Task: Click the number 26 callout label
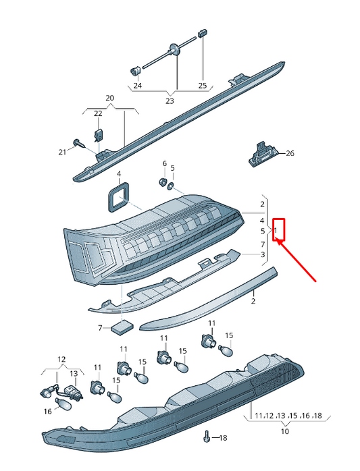pyautogui.click(x=290, y=153)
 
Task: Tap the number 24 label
pyautogui.click(x=137, y=86)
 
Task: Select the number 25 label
pyautogui.click(x=203, y=86)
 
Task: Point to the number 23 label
pyautogui.click(x=170, y=101)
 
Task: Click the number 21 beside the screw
pyautogui.click(x=62, y=153)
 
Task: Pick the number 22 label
pyautogui.click(x=98, y=113)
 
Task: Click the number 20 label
pyautogui.click(x=110, y=98)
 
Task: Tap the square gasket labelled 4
pyautogui.click(x=118, y=197)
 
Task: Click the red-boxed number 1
pyautogui.click(x=276, y=230)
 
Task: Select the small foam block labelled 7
pyautogui.click(x=122, y=327)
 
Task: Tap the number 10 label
pyautogui.click(x=284, y=431)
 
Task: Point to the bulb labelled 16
pyautogui.click(x=63, y=405)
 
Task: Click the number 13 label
pyautogui.click(x=74, y=374)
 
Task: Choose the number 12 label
pyautogui.click(x=61, y=359)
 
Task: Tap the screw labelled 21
pyautogui.click(x=79, y=142)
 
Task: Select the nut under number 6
pyautogui.click(x=162, y=182)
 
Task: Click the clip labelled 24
pyautogui.click(x=135, y=72)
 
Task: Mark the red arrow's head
pyautogui.click(x=278, y=241)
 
